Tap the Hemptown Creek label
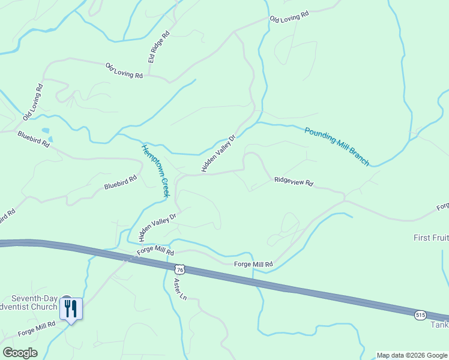coord(155,170)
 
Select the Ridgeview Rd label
coord(294,181)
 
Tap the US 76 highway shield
coord(179,270)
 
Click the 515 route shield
coord(420,314)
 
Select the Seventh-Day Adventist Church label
coord(35,303)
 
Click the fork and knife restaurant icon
coord(71,308)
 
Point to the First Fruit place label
coord(431,238)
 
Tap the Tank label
coord(439,325)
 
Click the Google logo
coord(20,353)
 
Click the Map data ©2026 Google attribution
coord(412,355)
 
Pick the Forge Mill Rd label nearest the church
coord(37,328)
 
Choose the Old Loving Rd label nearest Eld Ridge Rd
coord(124,71)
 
